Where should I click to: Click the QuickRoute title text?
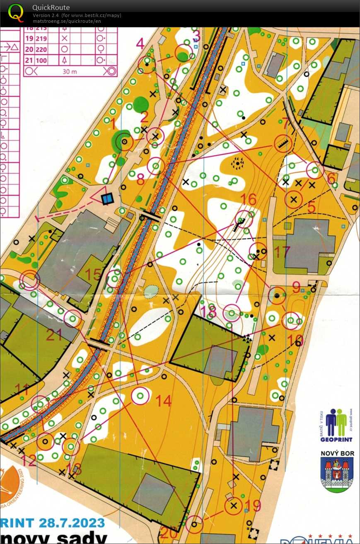click(x=51, y=7)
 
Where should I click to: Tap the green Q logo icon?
click(x=16, y=12)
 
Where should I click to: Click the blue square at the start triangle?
click(x=107, y=199)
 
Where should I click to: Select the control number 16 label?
click(x=249, y=199)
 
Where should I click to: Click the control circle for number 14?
click(x=140, y=396)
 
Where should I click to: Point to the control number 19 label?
click(x=254, y=505)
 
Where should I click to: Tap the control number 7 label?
click(x=285, y=123)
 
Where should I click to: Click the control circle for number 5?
click(x=294, y=199)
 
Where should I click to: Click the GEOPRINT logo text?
click(x=337, y=439)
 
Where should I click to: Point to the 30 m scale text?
click(x=67, y=71)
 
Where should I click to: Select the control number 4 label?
click(x=140, y=43)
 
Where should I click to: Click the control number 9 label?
click(x=296, y=287)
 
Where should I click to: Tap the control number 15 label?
click(x=93, y=274)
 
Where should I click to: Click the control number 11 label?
click(x=22, y=389)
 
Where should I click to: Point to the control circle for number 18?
click(x=232, y=313)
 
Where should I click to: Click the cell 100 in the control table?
click(x=41, y=60)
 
